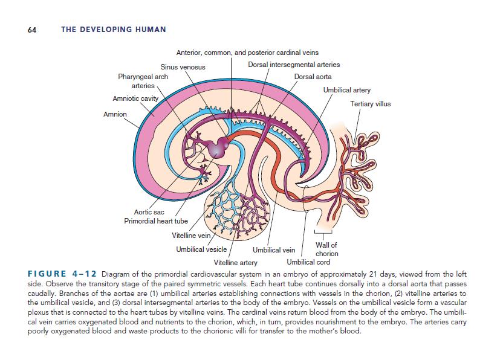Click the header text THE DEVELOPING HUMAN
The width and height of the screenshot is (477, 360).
(114, 30)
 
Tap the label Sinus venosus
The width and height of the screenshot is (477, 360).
(183, 66)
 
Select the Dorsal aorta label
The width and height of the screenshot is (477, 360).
(313, 77)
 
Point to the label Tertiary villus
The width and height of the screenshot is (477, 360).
(371, 104)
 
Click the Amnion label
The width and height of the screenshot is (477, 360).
(115, 114)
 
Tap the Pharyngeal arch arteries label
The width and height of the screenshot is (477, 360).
(143, 82)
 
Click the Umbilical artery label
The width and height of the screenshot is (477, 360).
(347, 90)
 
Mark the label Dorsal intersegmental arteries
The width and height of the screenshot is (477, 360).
(294, 65)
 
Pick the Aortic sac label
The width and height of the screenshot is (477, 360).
(149, 212)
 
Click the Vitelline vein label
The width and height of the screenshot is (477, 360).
(191, 235)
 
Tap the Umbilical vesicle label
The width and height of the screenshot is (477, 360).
(201, 249)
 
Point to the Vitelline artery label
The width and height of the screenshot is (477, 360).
(236, 263)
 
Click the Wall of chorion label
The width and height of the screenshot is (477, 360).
(326, 249)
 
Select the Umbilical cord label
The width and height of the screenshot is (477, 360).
(308, 262)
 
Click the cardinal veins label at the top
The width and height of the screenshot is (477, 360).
(247, 53)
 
